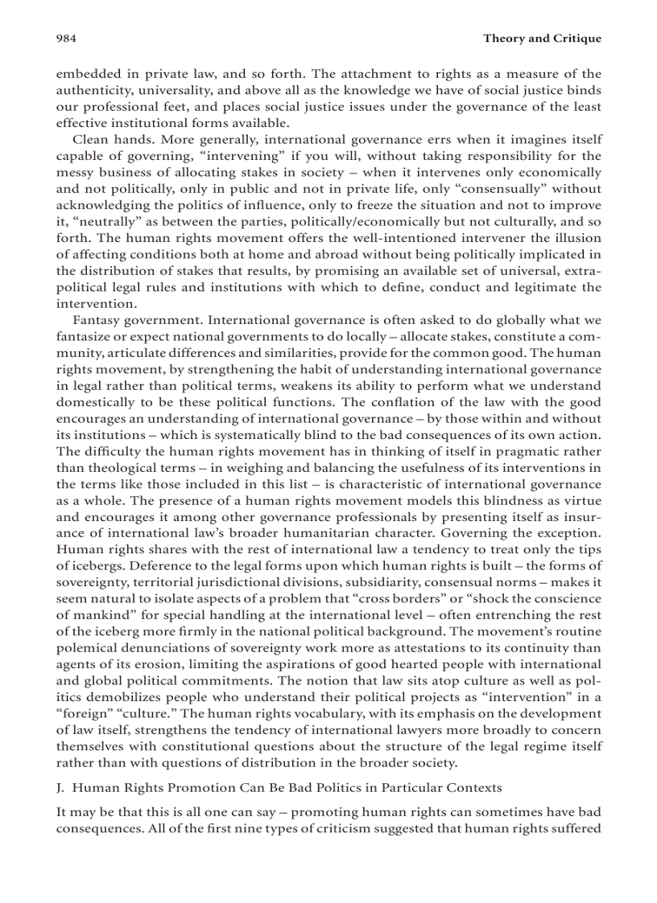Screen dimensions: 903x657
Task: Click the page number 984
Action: [x=66, y=38]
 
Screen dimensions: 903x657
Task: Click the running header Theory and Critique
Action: [x=542, y=38]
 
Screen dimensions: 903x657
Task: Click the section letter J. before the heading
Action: [x=61, y=787]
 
